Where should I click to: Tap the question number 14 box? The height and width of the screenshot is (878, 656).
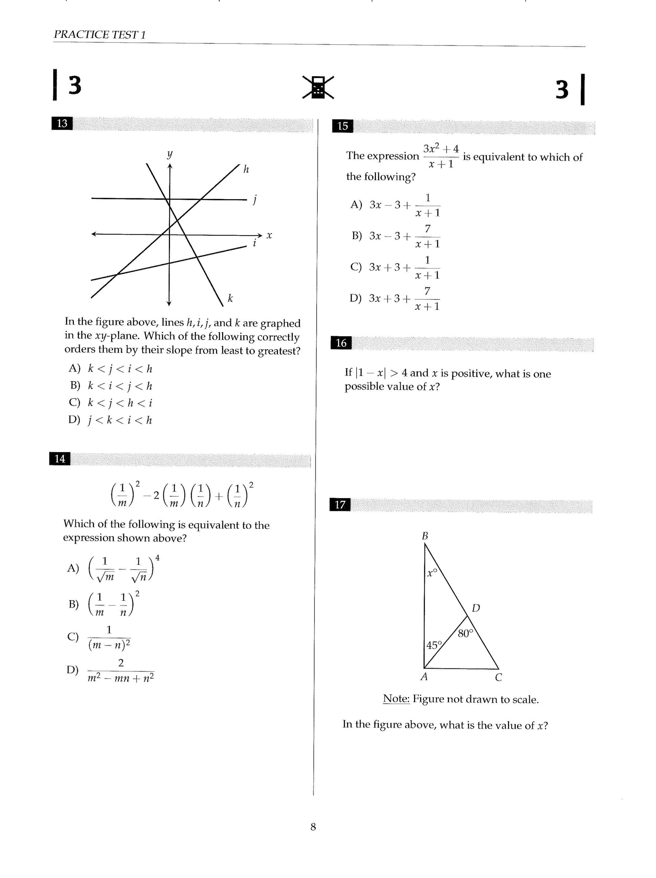60,459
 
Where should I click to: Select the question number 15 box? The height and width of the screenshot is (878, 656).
342,126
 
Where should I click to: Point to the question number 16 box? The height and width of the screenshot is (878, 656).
341,343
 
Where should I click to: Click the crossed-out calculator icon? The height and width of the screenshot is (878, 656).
318,87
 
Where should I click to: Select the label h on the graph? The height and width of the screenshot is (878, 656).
246,169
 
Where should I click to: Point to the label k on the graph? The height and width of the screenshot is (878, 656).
230,298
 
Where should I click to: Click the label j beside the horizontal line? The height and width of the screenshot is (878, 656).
254,200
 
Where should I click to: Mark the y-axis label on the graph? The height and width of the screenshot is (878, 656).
170,154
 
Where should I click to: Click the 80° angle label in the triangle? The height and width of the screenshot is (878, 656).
465,633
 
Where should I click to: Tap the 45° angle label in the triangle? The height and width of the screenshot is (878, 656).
434,645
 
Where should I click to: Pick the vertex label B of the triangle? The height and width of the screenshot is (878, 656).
425,536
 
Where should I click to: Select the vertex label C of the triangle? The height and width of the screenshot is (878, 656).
498,678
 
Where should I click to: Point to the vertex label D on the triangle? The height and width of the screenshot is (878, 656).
476,608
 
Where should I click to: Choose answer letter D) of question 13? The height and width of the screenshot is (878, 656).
74,419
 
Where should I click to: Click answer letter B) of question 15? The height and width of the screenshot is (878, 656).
357,236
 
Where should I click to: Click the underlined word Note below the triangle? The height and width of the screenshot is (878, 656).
396,699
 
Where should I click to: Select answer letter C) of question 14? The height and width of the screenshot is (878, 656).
73,637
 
